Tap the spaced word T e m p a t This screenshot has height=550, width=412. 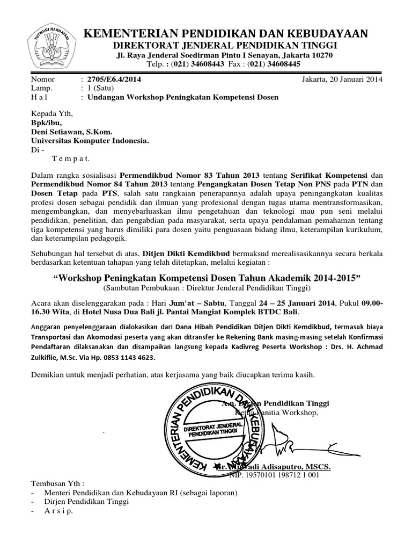pos(71,158)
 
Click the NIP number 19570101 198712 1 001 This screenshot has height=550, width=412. pos(275,475)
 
